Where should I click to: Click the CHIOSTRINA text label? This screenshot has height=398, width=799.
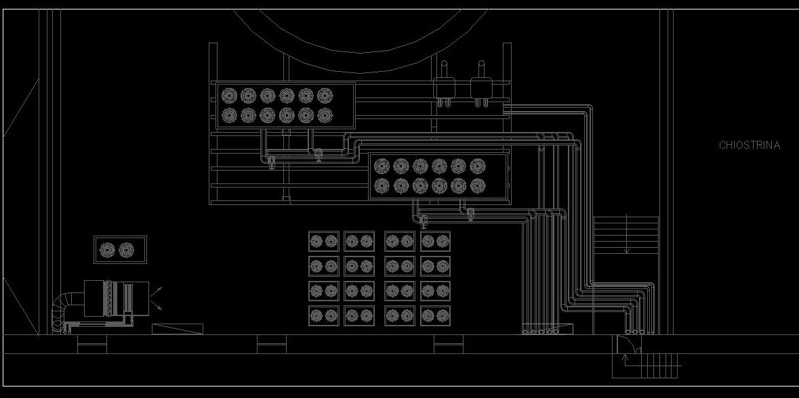point(749,145)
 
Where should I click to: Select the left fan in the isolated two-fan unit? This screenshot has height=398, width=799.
point(108,250)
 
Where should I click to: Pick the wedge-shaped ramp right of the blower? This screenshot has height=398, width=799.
point(178,329)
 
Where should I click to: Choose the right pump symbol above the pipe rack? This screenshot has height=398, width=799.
point(480,87)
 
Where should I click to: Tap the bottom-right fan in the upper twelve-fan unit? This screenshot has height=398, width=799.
point(325,116)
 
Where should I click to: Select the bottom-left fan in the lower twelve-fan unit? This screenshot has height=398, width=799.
point(382,185)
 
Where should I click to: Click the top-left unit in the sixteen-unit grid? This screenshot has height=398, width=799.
point(323,241)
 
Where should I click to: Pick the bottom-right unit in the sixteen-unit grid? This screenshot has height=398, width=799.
point(436,315)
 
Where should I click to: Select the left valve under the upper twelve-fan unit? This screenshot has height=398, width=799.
point(271,161)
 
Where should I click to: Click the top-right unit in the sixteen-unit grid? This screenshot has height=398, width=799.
point(436,241)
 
